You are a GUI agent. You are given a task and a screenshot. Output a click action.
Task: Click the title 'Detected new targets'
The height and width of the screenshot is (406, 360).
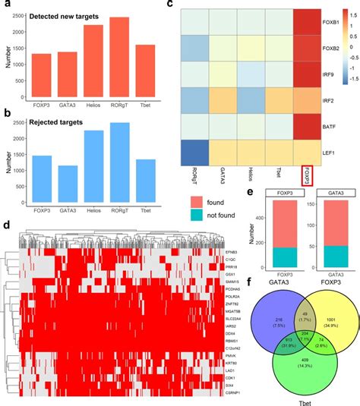coord(58,16)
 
